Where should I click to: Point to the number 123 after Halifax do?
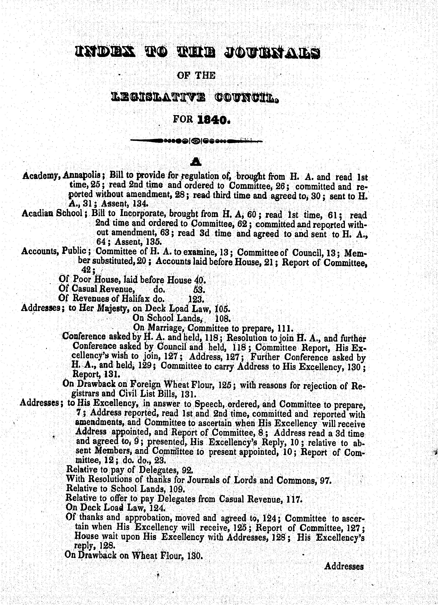pyautogui.click(x=196, y=298)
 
